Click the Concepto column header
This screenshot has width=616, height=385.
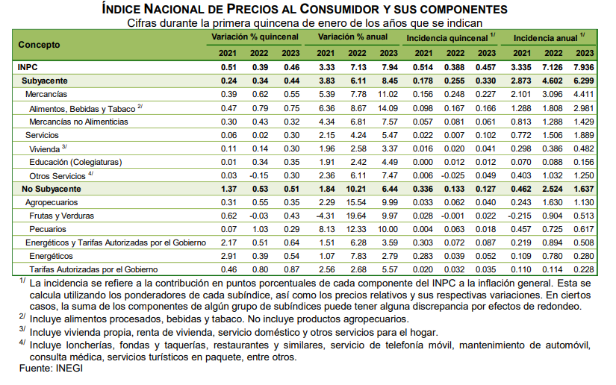click(x=39, y=45)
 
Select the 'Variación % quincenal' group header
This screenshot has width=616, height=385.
click(x=255, y=37)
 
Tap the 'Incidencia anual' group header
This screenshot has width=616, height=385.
click(x=545, y=38)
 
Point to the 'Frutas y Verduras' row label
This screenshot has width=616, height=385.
click(x=62, y=216)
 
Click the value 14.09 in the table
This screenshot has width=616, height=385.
click(x=388, y=108)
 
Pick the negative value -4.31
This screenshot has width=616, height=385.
click(x=326, y=216)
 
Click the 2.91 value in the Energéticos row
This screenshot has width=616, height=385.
click(x=228, y=256)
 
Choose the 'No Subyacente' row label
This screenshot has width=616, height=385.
click(x=51, y=190)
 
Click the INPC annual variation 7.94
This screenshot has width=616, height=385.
click(x=390, y=67)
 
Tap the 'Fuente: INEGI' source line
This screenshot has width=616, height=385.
click(x=51, y=368)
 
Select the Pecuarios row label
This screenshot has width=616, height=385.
click(x=48, y=229)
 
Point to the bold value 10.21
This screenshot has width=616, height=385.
click(x=356, y=190)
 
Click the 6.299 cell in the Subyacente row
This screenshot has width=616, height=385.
click(x=584, y=81)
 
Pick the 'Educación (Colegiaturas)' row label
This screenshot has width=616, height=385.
click(x=75, y=162)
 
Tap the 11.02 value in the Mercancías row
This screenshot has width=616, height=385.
click(x=388, y=94)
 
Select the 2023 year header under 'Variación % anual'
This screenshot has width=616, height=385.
click(x=388, y=54)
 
